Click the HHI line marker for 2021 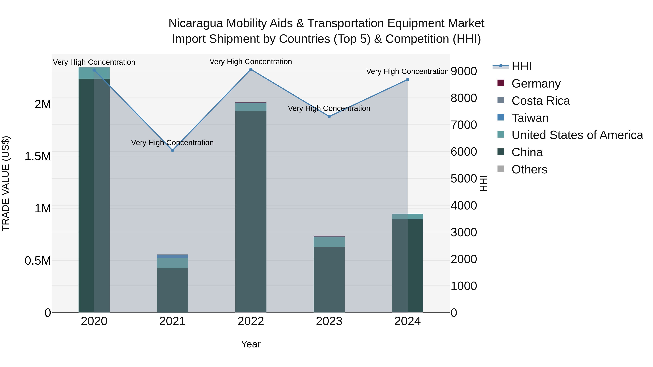[172, 150]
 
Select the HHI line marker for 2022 [251, 69]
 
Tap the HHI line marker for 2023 [329, 117]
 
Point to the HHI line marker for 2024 [407, 80]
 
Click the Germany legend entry [536, 84]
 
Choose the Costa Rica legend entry [541, 101]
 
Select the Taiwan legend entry [530, 118]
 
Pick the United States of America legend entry [577, 135]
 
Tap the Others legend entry [529, 169]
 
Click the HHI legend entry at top [521, 66]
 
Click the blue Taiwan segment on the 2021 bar [172, 256]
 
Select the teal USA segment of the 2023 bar [329, 242]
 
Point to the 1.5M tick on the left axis [38, 156]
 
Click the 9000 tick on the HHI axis [464, 71]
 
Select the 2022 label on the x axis [251, 321]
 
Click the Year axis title [251, 344]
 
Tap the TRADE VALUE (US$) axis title [6, 183]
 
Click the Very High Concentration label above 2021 [172, 143]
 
